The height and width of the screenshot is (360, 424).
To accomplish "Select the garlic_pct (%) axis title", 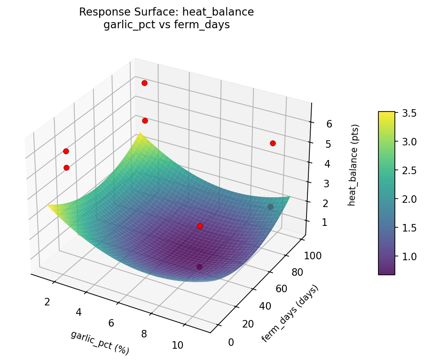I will click(100, 343).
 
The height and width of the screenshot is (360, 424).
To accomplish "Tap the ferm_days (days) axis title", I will click(290, 313).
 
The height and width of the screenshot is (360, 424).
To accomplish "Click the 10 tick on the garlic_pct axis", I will click(177, 345).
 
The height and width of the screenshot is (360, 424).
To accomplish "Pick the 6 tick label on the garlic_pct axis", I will click(111, 323).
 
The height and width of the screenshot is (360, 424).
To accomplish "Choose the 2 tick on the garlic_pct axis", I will click(47, 302).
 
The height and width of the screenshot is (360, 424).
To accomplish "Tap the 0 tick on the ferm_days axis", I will click(230, 342).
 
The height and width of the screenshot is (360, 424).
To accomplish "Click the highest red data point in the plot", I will click(144, 83).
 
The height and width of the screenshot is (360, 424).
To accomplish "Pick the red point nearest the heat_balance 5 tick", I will click(273, 143).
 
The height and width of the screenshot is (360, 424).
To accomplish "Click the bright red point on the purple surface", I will click(200, 226).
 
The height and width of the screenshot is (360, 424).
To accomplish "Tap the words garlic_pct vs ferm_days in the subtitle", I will click(166, 25).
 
